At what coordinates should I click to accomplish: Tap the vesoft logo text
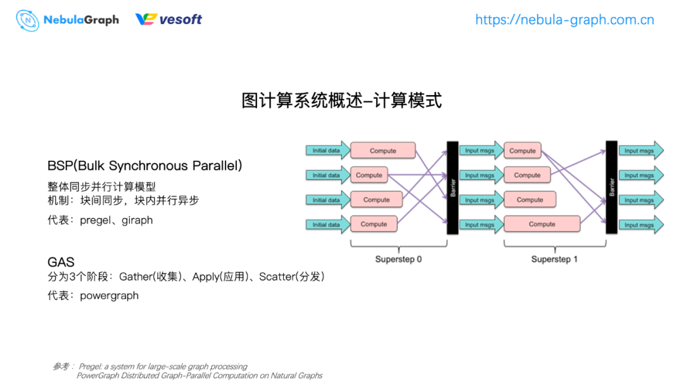(x=180, y=20)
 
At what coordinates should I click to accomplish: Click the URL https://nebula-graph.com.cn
(x=564, y=20)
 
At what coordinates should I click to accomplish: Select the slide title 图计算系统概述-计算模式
(x=341, y=100)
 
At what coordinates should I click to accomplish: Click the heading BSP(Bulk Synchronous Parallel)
(x=144, y=166)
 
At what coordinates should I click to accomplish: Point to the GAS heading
(x=61, y=262)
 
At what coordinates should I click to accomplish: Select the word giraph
(x=137, y=220)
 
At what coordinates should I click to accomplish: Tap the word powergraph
(x=109, y=296)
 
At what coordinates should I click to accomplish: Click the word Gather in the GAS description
(x=135, y=277)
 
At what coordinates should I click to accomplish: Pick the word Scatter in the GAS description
(x=277, y=277)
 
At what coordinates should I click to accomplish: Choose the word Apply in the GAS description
(x=206, y=277)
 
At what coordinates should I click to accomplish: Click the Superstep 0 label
(x=398, y=260)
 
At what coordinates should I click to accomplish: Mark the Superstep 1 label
(x=554, y=260)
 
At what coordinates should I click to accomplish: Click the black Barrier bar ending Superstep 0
(x=452, y=187)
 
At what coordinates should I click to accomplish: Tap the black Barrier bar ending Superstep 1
(x=611, y=187)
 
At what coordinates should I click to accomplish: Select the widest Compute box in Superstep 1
(x=542, y=224)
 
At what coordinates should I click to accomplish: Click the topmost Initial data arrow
(x=327, y=151)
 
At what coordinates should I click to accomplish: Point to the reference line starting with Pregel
(x=163, y=367)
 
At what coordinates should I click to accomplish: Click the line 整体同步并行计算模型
(x=101, y=187)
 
